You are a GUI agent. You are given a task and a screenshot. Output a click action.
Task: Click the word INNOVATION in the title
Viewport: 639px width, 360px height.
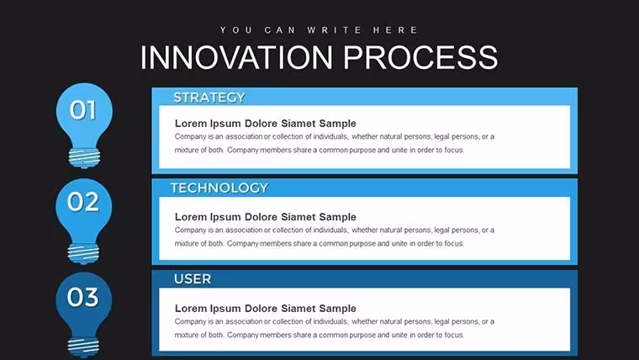(x=236, y=57)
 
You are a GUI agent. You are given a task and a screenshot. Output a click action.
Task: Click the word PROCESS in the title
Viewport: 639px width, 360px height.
(x=420, y=57)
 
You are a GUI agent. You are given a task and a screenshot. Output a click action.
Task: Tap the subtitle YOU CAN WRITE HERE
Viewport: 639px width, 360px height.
(x=319, y=30)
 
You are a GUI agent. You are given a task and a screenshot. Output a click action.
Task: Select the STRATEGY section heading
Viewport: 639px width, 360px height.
(x=209, y=98)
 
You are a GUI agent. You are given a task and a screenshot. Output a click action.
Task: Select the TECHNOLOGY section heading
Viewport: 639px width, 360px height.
(x=219, y=188)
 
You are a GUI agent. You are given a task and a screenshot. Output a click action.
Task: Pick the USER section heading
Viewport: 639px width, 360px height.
(x=193, y=279)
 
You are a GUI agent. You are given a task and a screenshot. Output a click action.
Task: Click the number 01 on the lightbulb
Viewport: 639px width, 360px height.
(x=83, y=110)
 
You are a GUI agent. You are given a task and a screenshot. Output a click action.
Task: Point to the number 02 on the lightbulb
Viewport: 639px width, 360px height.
(x=83, y=201)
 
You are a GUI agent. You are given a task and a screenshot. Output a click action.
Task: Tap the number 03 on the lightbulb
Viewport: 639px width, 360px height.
(x=82, y=297)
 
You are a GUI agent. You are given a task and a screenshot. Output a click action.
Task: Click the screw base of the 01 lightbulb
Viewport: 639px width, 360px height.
(x=84, y=158)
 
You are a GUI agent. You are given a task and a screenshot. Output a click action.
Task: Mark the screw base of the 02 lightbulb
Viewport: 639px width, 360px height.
(x=83, y=253)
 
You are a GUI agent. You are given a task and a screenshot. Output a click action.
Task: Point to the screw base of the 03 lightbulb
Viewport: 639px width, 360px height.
(x=83, y=347)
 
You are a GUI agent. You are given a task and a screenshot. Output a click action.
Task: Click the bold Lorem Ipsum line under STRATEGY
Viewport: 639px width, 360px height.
(x=266, y=124)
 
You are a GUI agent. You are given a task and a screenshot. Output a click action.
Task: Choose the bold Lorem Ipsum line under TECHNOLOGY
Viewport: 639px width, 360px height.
(x=266, y=217)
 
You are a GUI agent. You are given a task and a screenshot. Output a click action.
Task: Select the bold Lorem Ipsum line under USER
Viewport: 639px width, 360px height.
(x=266, y=308)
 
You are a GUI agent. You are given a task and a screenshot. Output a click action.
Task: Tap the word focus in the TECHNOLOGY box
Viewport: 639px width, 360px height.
(x=454, y=243)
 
